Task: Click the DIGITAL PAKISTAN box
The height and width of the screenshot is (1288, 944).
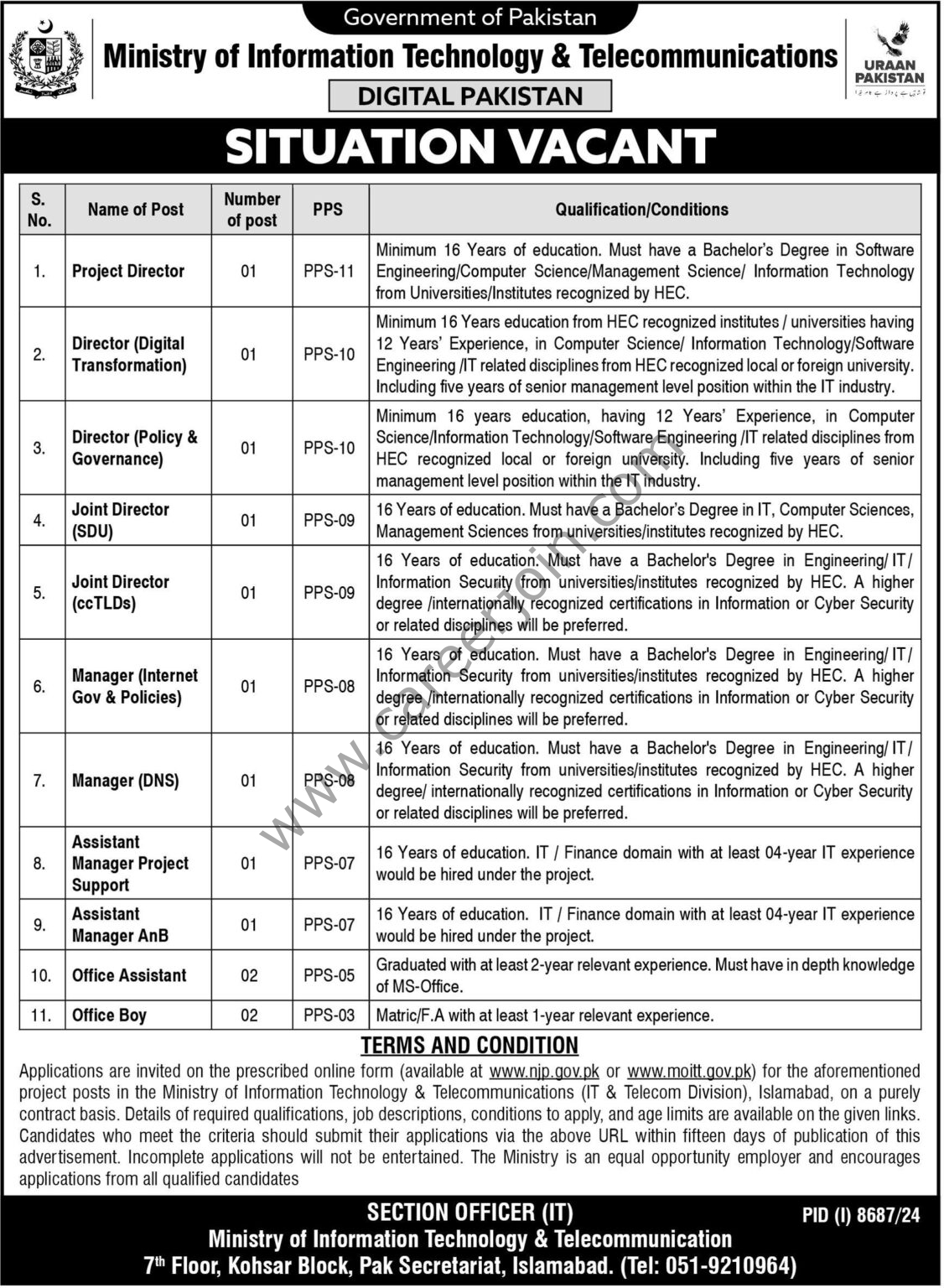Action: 469,96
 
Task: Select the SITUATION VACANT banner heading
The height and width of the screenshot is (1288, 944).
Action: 470,146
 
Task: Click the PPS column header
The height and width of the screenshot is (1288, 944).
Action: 328,210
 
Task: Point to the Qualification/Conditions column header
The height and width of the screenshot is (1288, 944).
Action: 642,210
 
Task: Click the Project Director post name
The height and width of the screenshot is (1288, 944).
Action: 128,271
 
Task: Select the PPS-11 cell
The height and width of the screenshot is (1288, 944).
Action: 329,271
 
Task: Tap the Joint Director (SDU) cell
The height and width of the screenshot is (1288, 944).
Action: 121,520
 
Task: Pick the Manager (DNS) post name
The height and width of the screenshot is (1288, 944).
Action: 126,781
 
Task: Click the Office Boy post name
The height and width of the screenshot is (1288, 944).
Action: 109,1015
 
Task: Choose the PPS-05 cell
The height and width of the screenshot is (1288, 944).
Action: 329,975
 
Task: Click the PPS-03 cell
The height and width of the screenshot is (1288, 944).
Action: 329,1015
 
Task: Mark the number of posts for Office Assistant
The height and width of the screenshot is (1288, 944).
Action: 249,975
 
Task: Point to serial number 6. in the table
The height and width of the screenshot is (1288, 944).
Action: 39,687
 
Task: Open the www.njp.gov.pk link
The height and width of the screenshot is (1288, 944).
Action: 544,1071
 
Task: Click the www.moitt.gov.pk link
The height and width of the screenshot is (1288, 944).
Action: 690,1071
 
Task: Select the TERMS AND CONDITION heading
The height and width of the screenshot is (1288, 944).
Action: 469,1046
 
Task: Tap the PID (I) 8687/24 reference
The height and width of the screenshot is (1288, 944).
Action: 861,1215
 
